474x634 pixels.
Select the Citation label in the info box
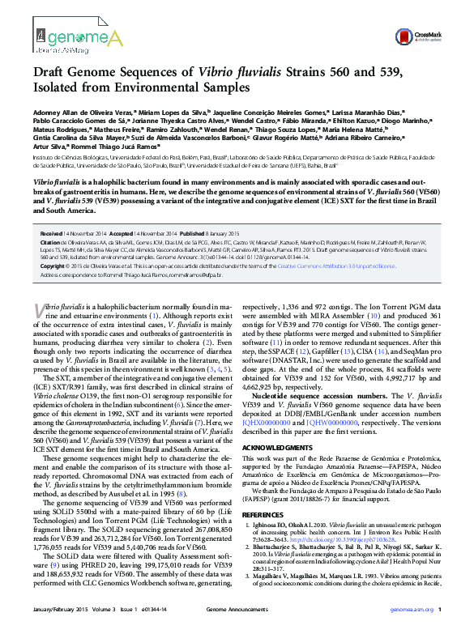point(51,241)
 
